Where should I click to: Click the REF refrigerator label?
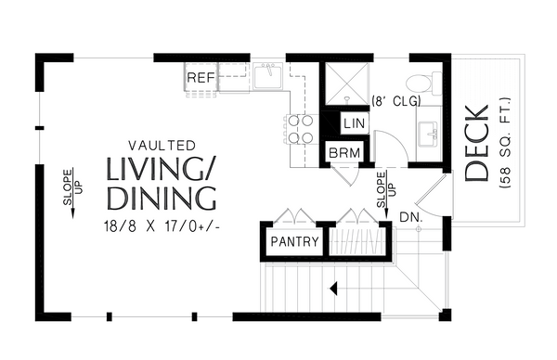tap(201, 78)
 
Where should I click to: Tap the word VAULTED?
tap(162, 146)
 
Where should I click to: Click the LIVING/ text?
tap(161, 171)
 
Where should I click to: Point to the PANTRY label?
tap(294, 243)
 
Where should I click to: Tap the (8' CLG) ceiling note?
tap(396, 100)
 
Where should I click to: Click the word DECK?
tap(476, 144)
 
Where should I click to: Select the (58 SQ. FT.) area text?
tap(503, 144)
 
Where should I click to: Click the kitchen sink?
tap(269, 77)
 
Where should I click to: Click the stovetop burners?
tap(299, 129)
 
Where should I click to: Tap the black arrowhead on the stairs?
tap(330, 289)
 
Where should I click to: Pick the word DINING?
tap(162, 199)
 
